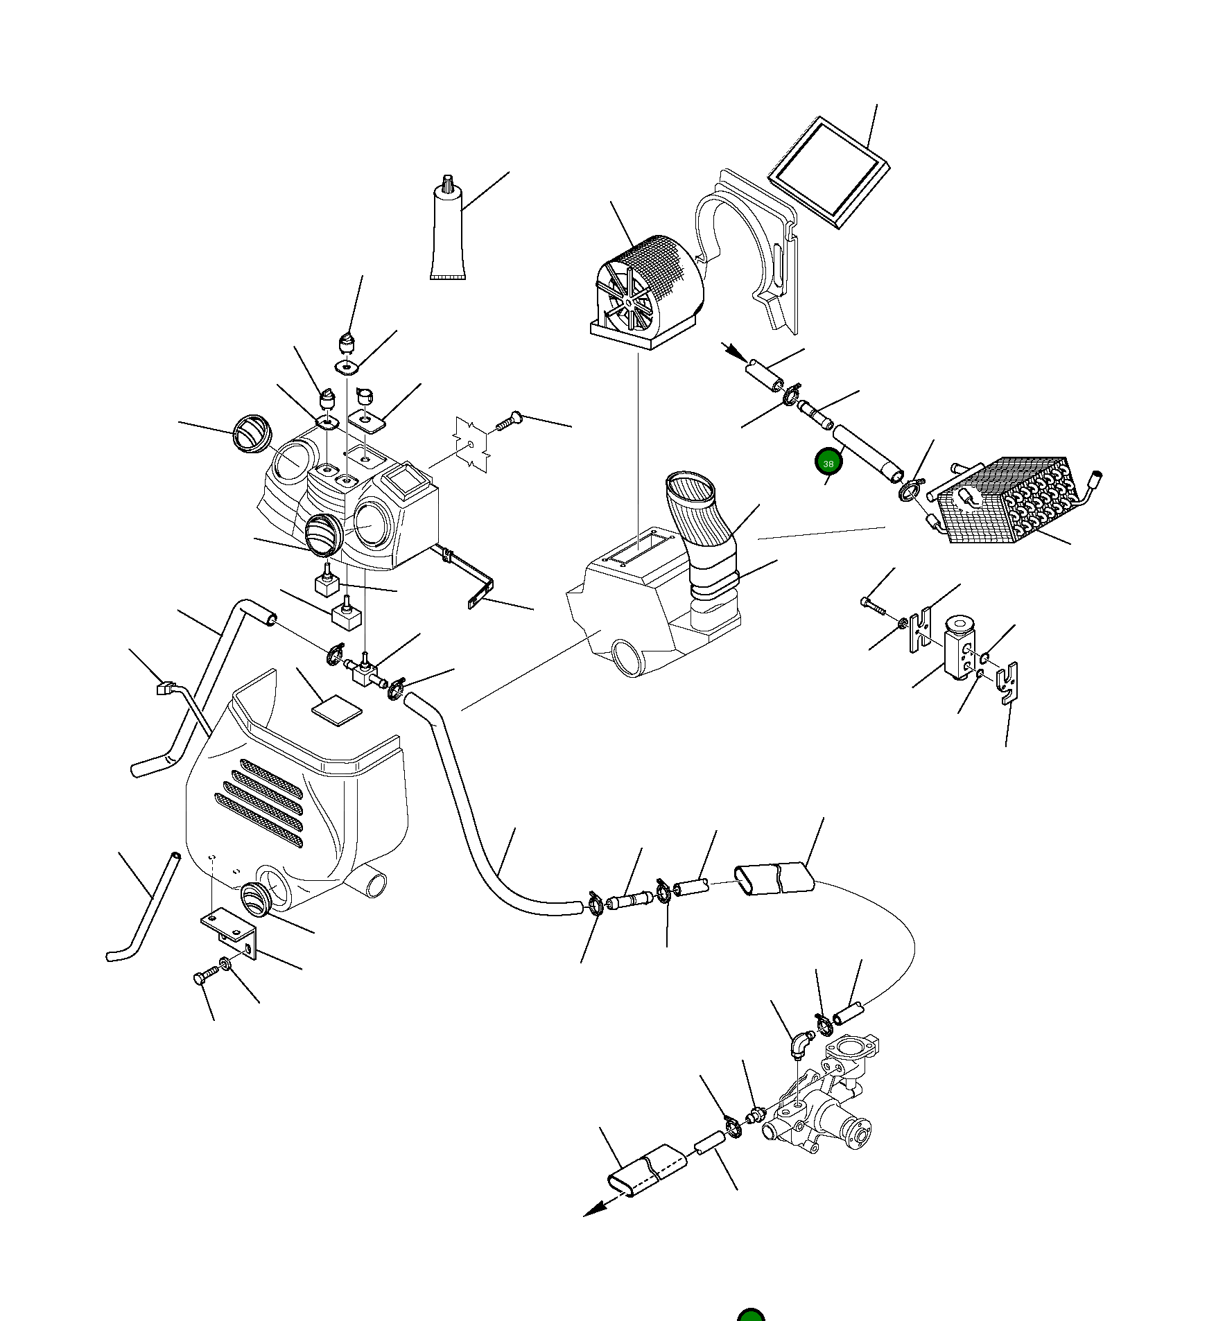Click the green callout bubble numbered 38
tap(828, 463)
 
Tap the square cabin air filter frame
tap(828, 172)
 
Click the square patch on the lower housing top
tap(337, 710)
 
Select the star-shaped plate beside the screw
tap(471, 444)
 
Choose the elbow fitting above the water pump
tap(801, 1043)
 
